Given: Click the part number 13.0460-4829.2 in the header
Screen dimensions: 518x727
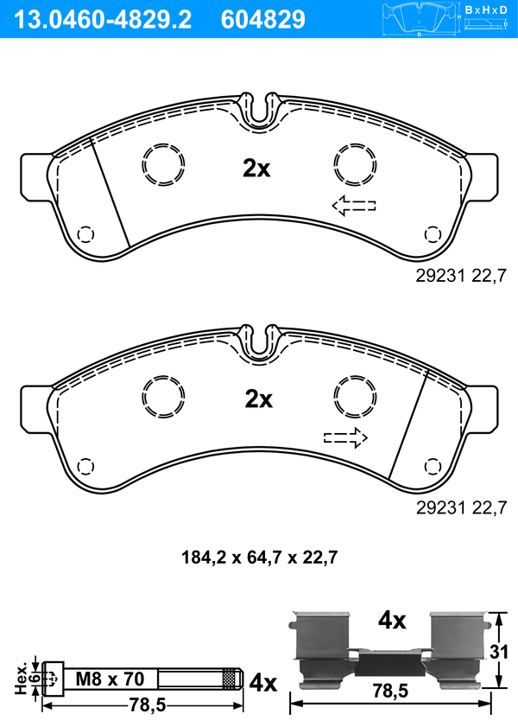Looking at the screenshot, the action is (103, 20).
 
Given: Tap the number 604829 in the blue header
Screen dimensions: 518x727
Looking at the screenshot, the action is (263, 20).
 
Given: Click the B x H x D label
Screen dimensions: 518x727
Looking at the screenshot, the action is (486, 10).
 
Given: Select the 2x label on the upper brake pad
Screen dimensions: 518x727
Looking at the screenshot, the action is (256, 169).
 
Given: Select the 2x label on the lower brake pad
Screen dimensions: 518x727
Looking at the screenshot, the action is (259, 399).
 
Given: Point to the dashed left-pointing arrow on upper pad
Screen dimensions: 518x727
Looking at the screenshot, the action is (354, 206).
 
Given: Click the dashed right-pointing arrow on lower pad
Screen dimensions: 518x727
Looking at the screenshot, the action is (345, 437).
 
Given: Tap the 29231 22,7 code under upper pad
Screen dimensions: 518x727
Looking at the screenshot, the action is (461, 277).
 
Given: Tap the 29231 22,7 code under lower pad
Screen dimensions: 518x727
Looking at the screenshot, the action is (461, 507).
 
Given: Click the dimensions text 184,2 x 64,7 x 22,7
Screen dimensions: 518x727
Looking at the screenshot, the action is (259, 557).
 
